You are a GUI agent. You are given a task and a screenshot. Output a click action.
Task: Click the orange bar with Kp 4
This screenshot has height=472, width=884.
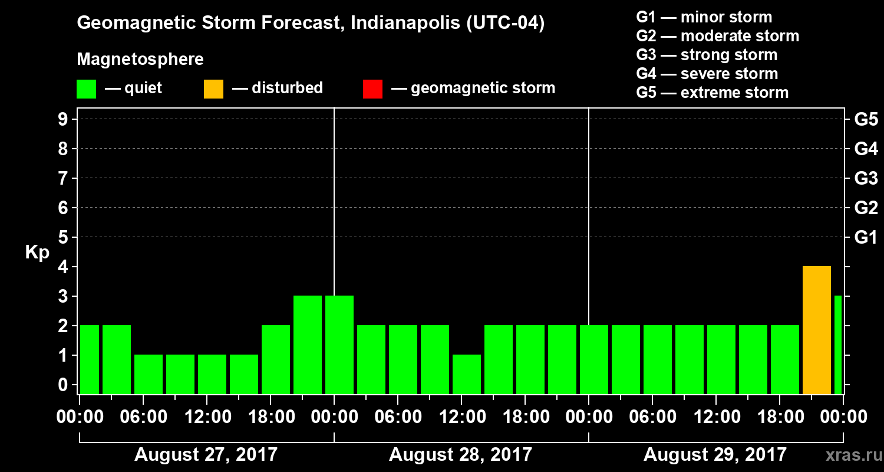point(816,330)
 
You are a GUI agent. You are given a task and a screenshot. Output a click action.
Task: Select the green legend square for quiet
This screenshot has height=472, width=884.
point(87,88)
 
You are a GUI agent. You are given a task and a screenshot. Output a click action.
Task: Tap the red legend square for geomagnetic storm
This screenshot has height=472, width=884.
point(372,88)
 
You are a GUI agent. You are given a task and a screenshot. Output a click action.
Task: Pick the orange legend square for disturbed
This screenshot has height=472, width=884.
point(213,88)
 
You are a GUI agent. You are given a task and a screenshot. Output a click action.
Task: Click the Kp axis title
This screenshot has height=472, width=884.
point(37,253)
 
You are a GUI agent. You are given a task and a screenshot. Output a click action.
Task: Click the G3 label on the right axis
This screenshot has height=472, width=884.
point(866,178)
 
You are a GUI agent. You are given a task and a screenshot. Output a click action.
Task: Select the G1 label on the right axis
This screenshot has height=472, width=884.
point(866,238)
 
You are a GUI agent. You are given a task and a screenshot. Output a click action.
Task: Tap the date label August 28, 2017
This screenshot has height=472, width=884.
point(460,455)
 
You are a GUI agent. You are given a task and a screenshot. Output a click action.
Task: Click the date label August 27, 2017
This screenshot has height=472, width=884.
point(206,455)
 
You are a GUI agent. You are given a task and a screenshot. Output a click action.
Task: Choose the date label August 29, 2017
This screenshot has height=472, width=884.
point(715,455)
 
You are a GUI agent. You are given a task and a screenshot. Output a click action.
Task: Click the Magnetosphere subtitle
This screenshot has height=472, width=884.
point(140,60)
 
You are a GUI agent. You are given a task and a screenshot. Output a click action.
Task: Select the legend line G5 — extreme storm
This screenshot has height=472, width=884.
point(712,93)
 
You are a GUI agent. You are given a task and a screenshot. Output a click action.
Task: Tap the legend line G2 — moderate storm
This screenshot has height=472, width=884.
point(717,36)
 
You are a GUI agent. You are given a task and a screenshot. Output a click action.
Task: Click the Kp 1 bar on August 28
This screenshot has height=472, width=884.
point(467,374)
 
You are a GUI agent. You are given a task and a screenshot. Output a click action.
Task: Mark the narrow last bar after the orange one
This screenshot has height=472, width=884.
point(837,345)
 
